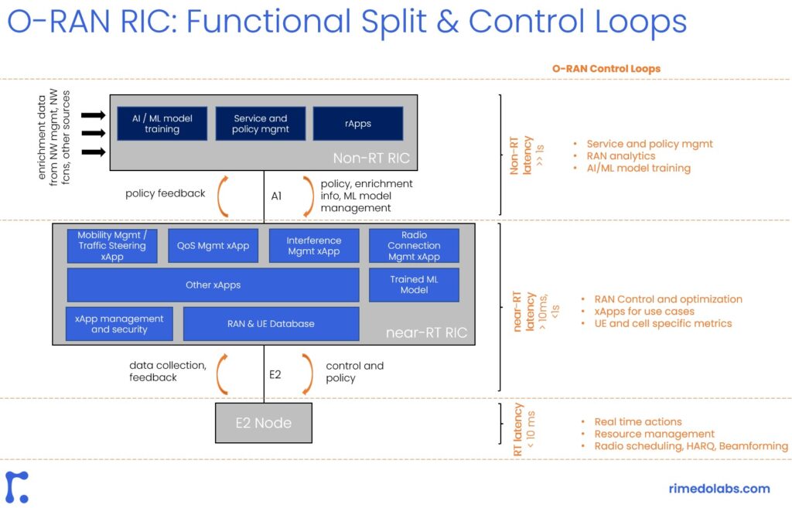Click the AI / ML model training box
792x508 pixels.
click(162, 124)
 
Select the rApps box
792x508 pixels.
click(358, 124)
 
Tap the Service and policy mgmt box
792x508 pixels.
click(261, 124)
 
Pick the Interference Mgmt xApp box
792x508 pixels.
click(313, 245)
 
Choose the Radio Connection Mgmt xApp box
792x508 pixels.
click(414, 245)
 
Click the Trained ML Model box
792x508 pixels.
click(414, 285)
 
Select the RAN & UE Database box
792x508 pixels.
click(271, 323)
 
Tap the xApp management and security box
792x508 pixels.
click(119, 323)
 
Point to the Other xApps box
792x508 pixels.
click(213, 285)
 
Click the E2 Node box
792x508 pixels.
click(264, 423)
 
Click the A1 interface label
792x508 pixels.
click(276, 196)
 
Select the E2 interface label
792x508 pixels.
click(275, 374)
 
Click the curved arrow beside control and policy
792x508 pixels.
click(306, 373)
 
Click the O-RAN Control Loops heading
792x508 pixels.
click(606, 69)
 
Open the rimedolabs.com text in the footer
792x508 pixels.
click(719, 488)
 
